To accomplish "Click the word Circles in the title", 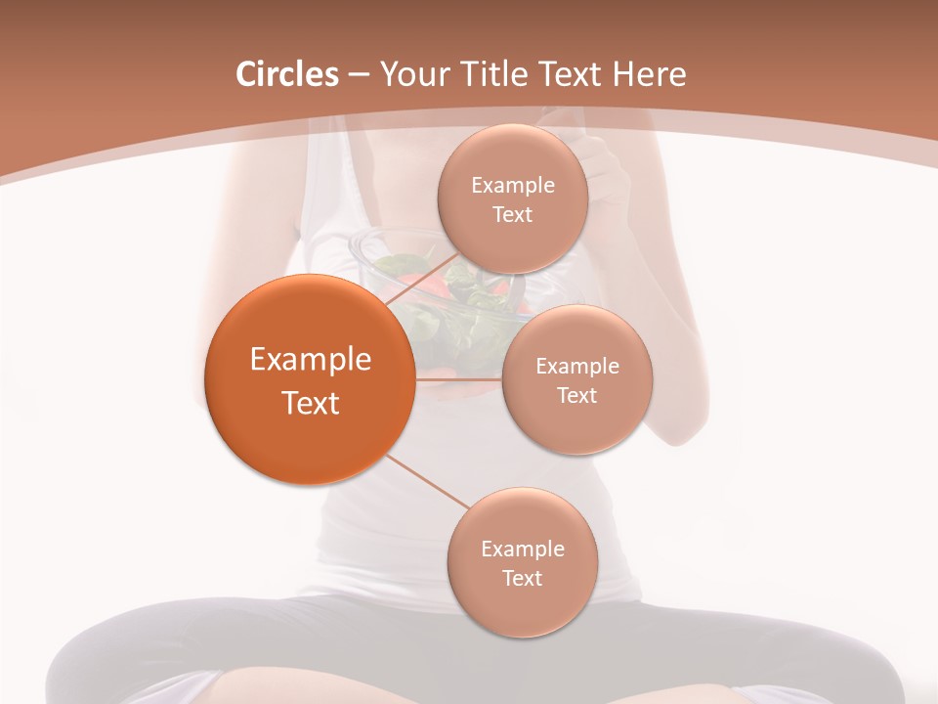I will tap(287, 74).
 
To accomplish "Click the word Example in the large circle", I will tap(311, 360).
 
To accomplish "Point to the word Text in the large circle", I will tap(311, 403).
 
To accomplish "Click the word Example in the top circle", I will tap(513, 186).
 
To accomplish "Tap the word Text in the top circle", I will tap(513, 215).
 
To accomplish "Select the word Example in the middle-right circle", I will tap(577, 367).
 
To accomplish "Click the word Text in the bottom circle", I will tap(522, 579).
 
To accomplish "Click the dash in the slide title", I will tap(358, 74).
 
